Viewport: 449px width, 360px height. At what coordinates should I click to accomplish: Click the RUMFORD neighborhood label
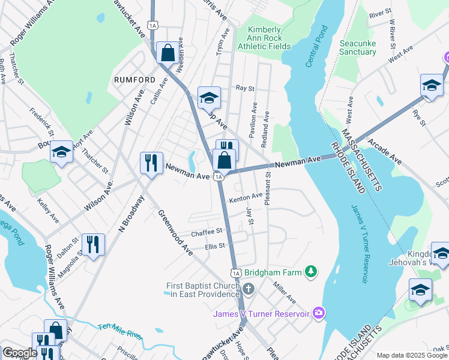[x=131, y=79]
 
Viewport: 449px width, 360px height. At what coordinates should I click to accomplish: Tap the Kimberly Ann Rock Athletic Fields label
[x=264, y=38]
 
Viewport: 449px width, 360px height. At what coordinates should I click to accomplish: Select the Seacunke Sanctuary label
[x=358, y=47]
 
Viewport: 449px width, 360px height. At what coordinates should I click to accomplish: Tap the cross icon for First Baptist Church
[x=249, y=289]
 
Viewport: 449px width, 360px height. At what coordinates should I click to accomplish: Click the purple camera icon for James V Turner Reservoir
[x=319, y=313]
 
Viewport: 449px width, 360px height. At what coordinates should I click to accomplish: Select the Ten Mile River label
[x=121, y=331]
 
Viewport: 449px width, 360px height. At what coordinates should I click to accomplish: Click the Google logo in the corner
[x=19, y=353]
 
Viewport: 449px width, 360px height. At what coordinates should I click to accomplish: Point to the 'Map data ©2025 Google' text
[x=412, y=355]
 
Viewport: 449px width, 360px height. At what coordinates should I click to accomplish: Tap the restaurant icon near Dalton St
[x=93, y=245]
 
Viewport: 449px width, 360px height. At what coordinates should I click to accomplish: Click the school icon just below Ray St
[x=209, y=98]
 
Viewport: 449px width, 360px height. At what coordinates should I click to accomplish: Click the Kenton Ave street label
[x=246, y=197]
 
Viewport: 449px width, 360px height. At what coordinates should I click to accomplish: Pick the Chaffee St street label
[x=206, y=231]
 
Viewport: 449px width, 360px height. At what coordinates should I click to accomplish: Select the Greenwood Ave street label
[x=175, y=233]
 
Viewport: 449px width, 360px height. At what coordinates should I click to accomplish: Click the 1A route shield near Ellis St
[x=236, y=272]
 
